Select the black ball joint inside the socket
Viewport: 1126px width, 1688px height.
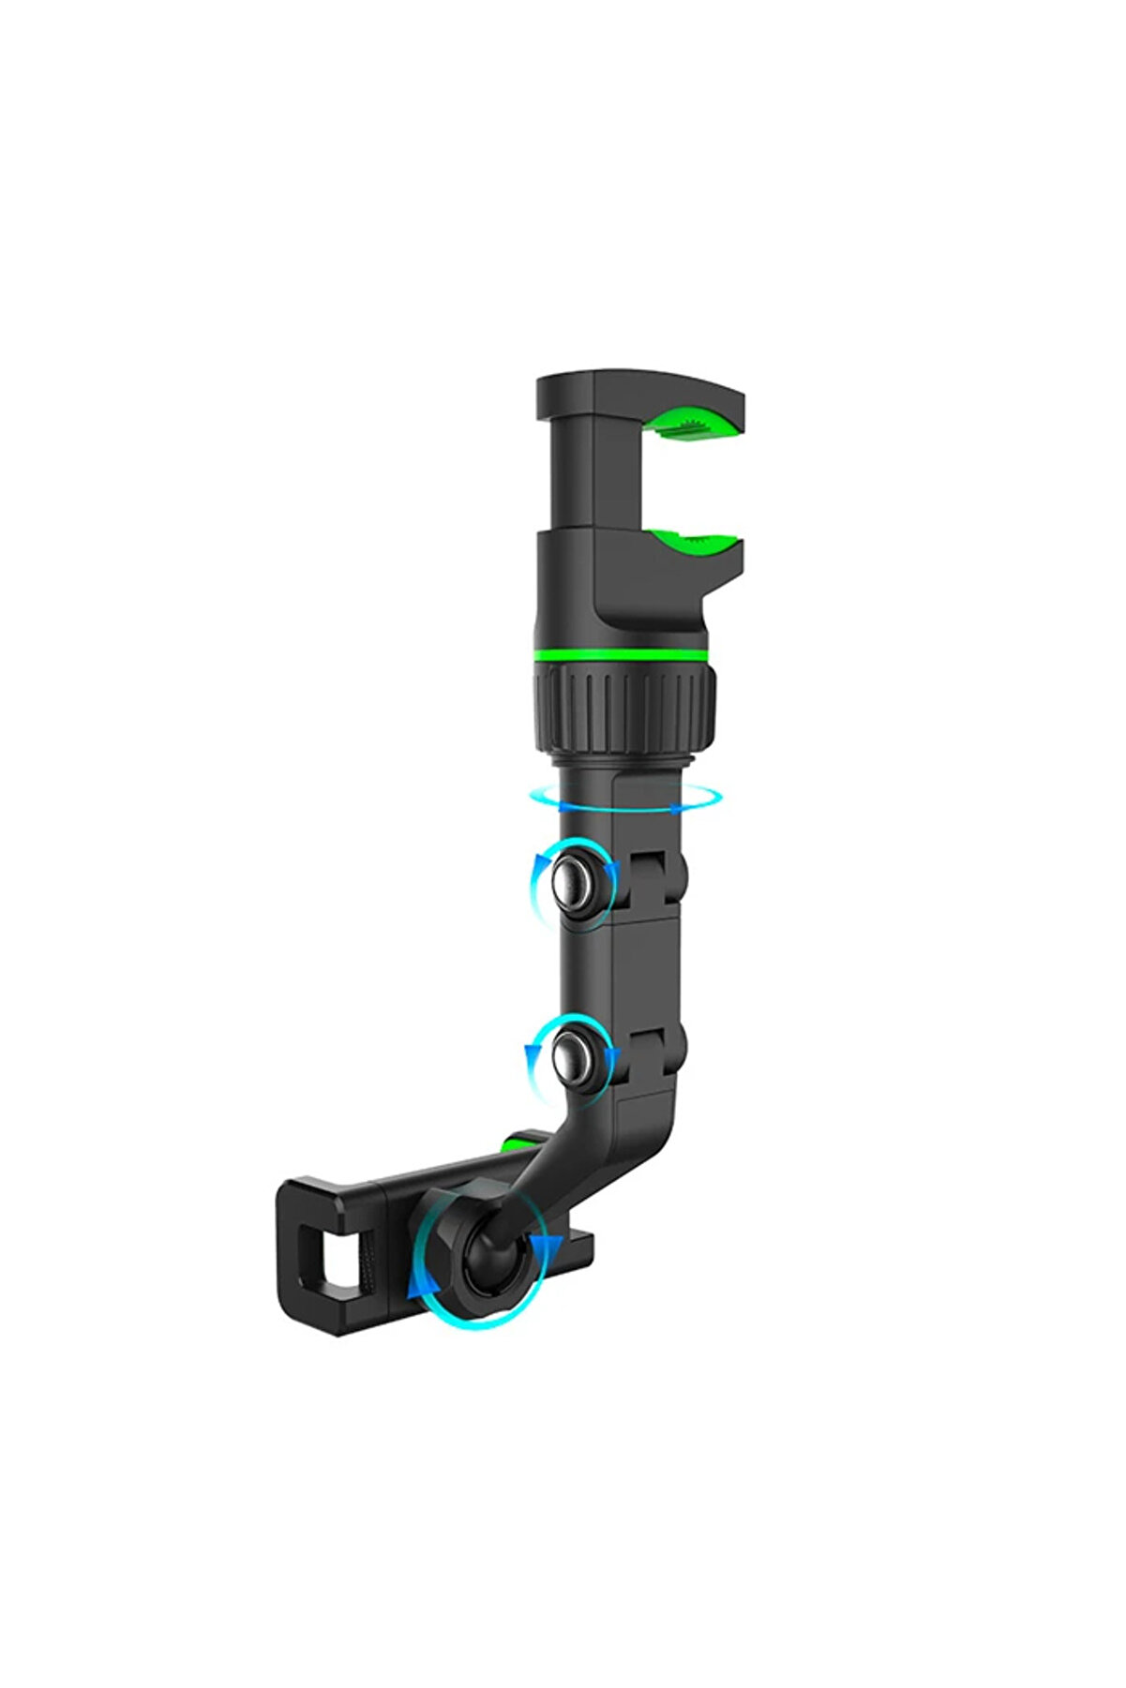pyautogui.click(x=488, y=1251)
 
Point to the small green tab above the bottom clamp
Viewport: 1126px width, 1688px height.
pyautogui.click(x=517, y=1142)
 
